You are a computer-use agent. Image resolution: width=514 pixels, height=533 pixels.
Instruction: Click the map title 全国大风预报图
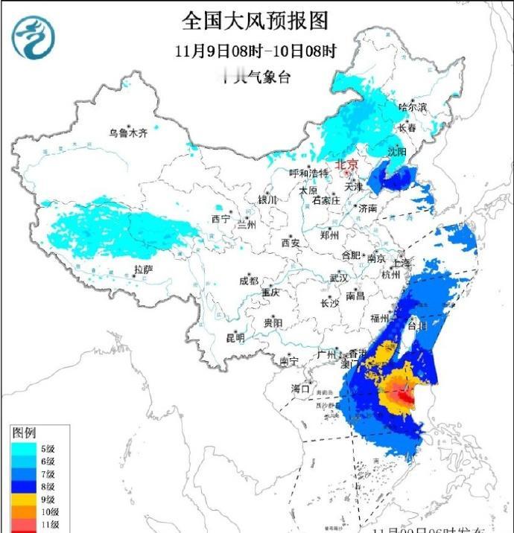[x=256, y=19]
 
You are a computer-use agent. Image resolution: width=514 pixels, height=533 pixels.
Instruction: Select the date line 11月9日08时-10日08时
[x=256, y=52]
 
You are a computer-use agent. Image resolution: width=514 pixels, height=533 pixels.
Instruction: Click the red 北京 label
[x=347, y=165]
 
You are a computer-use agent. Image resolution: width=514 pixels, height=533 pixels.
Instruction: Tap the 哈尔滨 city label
[x=413, y=108]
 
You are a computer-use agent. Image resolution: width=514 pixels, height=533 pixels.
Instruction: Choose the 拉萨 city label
[x=143, y=269]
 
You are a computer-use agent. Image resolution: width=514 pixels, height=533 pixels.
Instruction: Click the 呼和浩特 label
[x=308, y=173]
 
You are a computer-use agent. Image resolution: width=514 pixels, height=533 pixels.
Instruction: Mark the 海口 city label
[x=299, y=389]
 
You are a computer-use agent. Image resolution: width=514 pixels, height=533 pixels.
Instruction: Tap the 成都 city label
[x=249, y=281]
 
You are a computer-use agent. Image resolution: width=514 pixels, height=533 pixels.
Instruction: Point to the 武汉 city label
[x=339, y=278]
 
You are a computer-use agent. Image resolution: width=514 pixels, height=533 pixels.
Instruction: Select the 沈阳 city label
[x=398, y=151]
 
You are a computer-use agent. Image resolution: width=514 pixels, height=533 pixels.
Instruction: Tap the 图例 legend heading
[x=25, y=433]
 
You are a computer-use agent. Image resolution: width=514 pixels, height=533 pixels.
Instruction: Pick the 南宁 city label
[x=289, y=361]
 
